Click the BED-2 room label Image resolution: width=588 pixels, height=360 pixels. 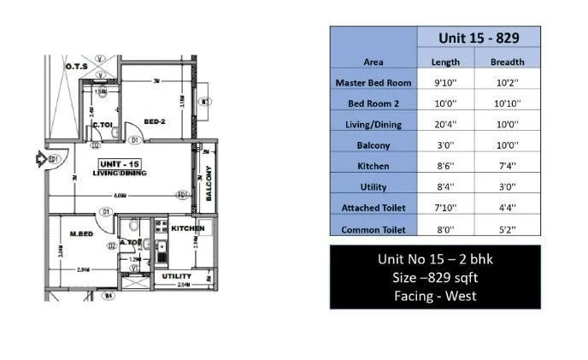point(154,121)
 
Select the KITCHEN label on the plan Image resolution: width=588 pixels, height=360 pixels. point(186,229)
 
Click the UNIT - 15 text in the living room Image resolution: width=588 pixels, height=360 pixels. point(119,162)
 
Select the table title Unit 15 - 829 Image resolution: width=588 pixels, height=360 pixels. point(477,38)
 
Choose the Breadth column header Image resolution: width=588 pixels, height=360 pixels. point(507,62)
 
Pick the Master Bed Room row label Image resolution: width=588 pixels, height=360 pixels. point(373,83)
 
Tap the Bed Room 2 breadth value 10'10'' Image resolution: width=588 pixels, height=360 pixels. point(507,103)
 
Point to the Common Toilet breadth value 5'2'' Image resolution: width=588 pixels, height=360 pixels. point(507,229)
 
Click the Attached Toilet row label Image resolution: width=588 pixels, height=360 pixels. point(373,208)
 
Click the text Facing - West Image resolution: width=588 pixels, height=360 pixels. point(435,297)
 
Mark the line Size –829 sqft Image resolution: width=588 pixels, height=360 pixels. point(435,278)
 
